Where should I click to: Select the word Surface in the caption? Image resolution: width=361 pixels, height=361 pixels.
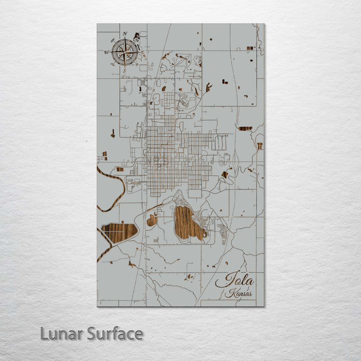tap(114, 333)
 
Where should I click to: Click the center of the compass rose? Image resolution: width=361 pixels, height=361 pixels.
tap(124, 52)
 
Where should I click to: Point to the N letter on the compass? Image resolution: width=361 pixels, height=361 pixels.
tap(124, 34)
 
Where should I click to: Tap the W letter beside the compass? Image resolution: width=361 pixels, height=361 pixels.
tap(106, 52)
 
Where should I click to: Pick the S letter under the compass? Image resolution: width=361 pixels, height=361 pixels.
tap(124, 70)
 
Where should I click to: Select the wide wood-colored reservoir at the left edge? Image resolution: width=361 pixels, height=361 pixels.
tap(119, 232)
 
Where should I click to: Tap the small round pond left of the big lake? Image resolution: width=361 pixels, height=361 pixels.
tap(151, 220)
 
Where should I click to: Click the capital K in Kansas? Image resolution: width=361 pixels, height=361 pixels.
tap(229, 294)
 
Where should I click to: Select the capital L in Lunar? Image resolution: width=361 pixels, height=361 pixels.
tap(45, 333)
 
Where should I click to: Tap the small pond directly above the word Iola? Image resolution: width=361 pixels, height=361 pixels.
tap(190, 275)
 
